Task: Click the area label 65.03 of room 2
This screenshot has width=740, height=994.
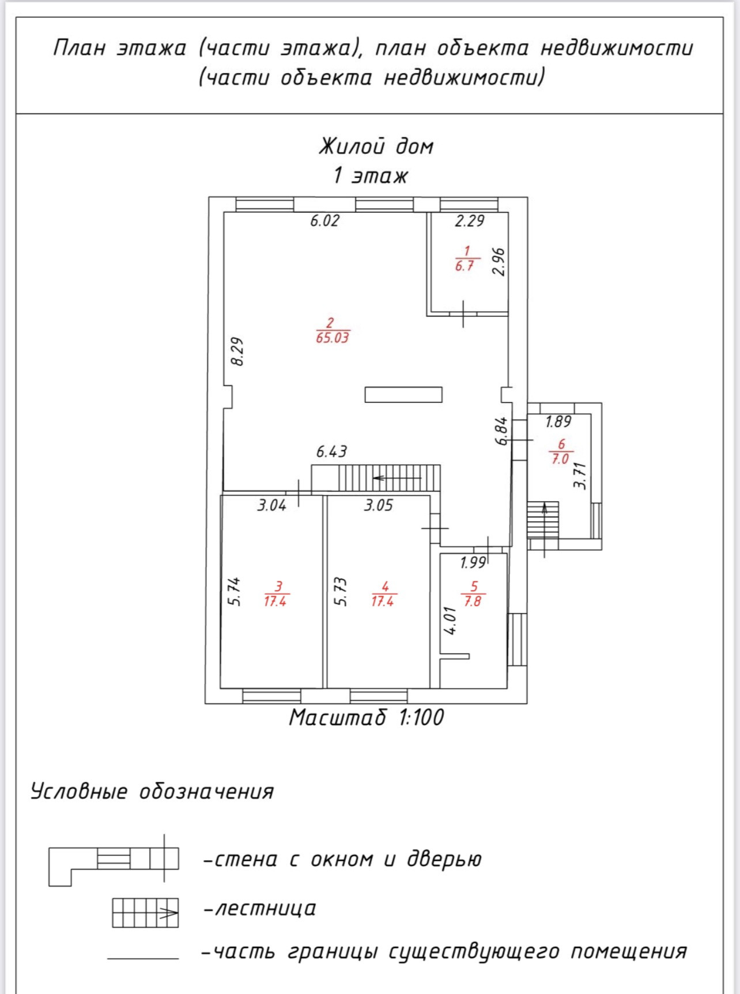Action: click(x=333, y=338)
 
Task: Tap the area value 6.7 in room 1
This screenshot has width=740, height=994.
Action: click(x=464, y=266)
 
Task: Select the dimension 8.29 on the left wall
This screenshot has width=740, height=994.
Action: click(x=237, y=352)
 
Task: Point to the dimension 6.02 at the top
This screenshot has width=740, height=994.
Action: click(x=324, y=221)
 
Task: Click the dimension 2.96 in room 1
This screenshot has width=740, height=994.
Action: click(x=499, y=262)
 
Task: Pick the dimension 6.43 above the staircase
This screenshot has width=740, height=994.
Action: click(x=331, y=452)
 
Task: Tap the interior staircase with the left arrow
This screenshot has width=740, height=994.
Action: click(x=388, y=478)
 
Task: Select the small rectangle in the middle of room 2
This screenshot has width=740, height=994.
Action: click(x=403, y=395)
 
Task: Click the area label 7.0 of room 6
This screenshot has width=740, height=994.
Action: click(x=560, y=459)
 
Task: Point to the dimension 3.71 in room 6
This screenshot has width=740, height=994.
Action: click(x=580, y=476)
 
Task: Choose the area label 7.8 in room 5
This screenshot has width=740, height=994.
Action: click(x=473, y=602)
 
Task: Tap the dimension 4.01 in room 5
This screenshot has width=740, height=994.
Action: click(x=451, y=620)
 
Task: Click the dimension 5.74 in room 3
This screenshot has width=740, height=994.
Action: click(x=234, y=592)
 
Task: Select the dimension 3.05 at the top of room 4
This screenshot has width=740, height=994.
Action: click(x=378, y=505)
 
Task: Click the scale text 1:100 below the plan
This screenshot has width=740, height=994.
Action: click(x=421, y=718)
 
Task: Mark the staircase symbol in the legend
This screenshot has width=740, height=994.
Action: click(x=145, y=913)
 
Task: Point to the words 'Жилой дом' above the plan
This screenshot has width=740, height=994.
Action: click(x=376, y=147)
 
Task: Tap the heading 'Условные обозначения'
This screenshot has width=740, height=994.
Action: click(x=152, y=792)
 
